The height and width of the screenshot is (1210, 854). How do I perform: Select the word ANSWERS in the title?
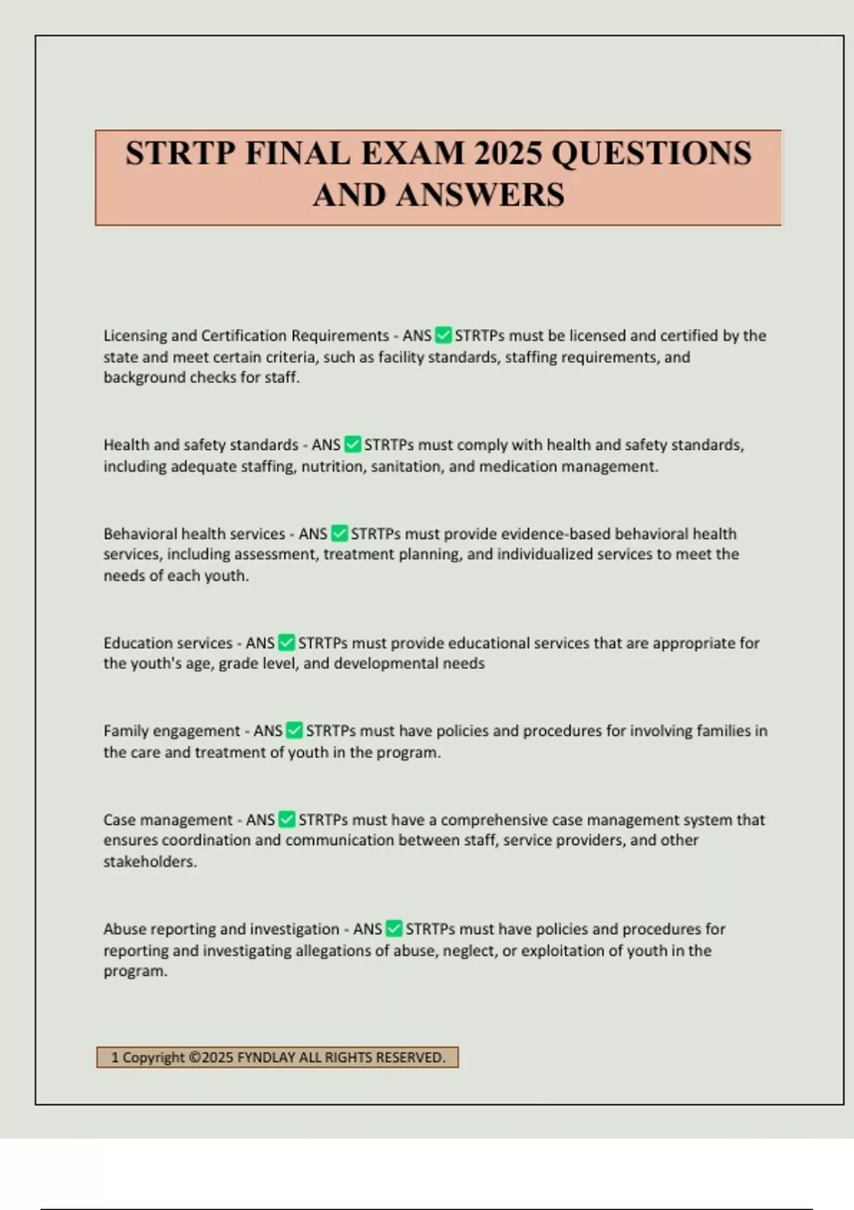coord(480,194)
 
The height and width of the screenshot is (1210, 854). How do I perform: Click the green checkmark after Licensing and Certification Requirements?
coord(443,335)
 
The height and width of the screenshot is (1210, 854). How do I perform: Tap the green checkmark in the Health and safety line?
coord(352,445)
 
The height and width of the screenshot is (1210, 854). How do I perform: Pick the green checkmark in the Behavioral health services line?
coord(339,533)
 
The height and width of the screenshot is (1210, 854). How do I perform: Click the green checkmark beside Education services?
coord(286,643)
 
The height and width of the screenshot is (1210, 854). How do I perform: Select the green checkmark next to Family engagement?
coord(294,730)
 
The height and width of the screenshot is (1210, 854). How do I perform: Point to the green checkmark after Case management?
coord(287,819)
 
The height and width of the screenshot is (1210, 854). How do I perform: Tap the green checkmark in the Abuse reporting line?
coord(394,929)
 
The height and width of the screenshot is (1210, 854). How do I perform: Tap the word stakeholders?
coord(149,861)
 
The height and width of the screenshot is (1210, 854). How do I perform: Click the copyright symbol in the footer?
coord(194,1058)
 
